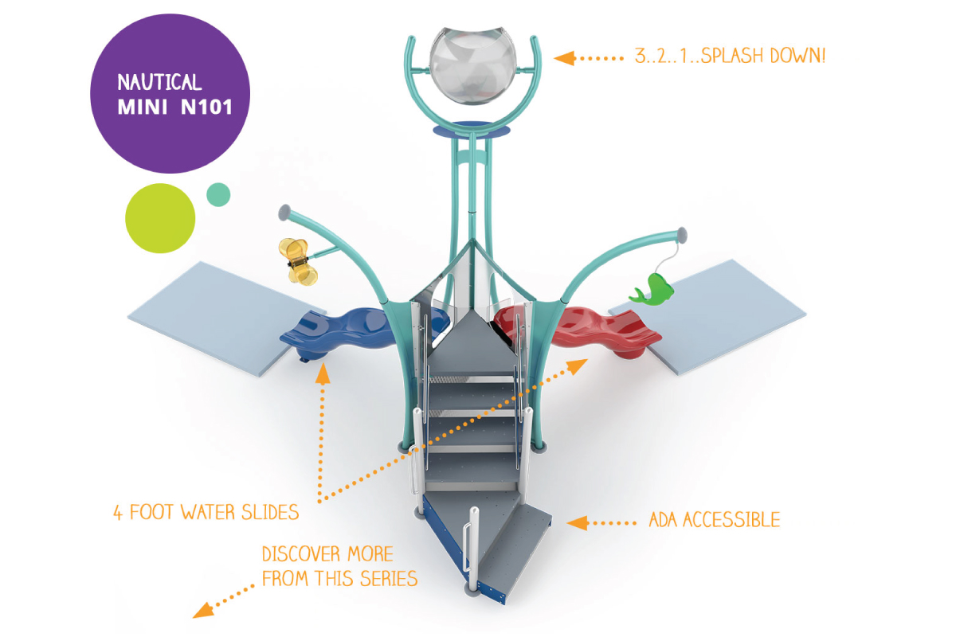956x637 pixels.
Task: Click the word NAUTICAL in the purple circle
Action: pos(159,82)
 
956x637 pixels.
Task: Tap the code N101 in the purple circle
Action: pos(206,107)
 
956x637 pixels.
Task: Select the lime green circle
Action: pos(160,218)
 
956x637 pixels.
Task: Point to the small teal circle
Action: pos(218,194)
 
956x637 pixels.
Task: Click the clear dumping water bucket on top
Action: pos(473,65)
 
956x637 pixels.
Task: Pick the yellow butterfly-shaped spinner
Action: pos(298,261)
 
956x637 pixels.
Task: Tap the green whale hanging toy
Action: pos(652,291)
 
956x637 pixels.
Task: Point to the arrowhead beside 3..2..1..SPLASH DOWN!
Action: pos(564,58)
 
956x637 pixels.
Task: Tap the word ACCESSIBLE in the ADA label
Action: pos(731,520)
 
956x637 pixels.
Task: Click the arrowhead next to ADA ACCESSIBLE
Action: pos(578,523)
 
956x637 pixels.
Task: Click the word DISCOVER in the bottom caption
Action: pos(301,554)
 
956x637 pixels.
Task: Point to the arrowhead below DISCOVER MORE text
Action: pos(203,611)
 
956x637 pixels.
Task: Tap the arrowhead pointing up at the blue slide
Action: pos(323,373)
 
